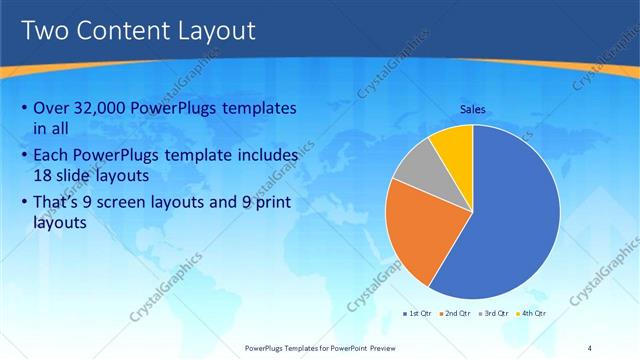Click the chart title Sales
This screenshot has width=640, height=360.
[x=473, y=109]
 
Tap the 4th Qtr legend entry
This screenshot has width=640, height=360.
[x=535, y=314]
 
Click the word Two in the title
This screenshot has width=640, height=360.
[x=46, y=31]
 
